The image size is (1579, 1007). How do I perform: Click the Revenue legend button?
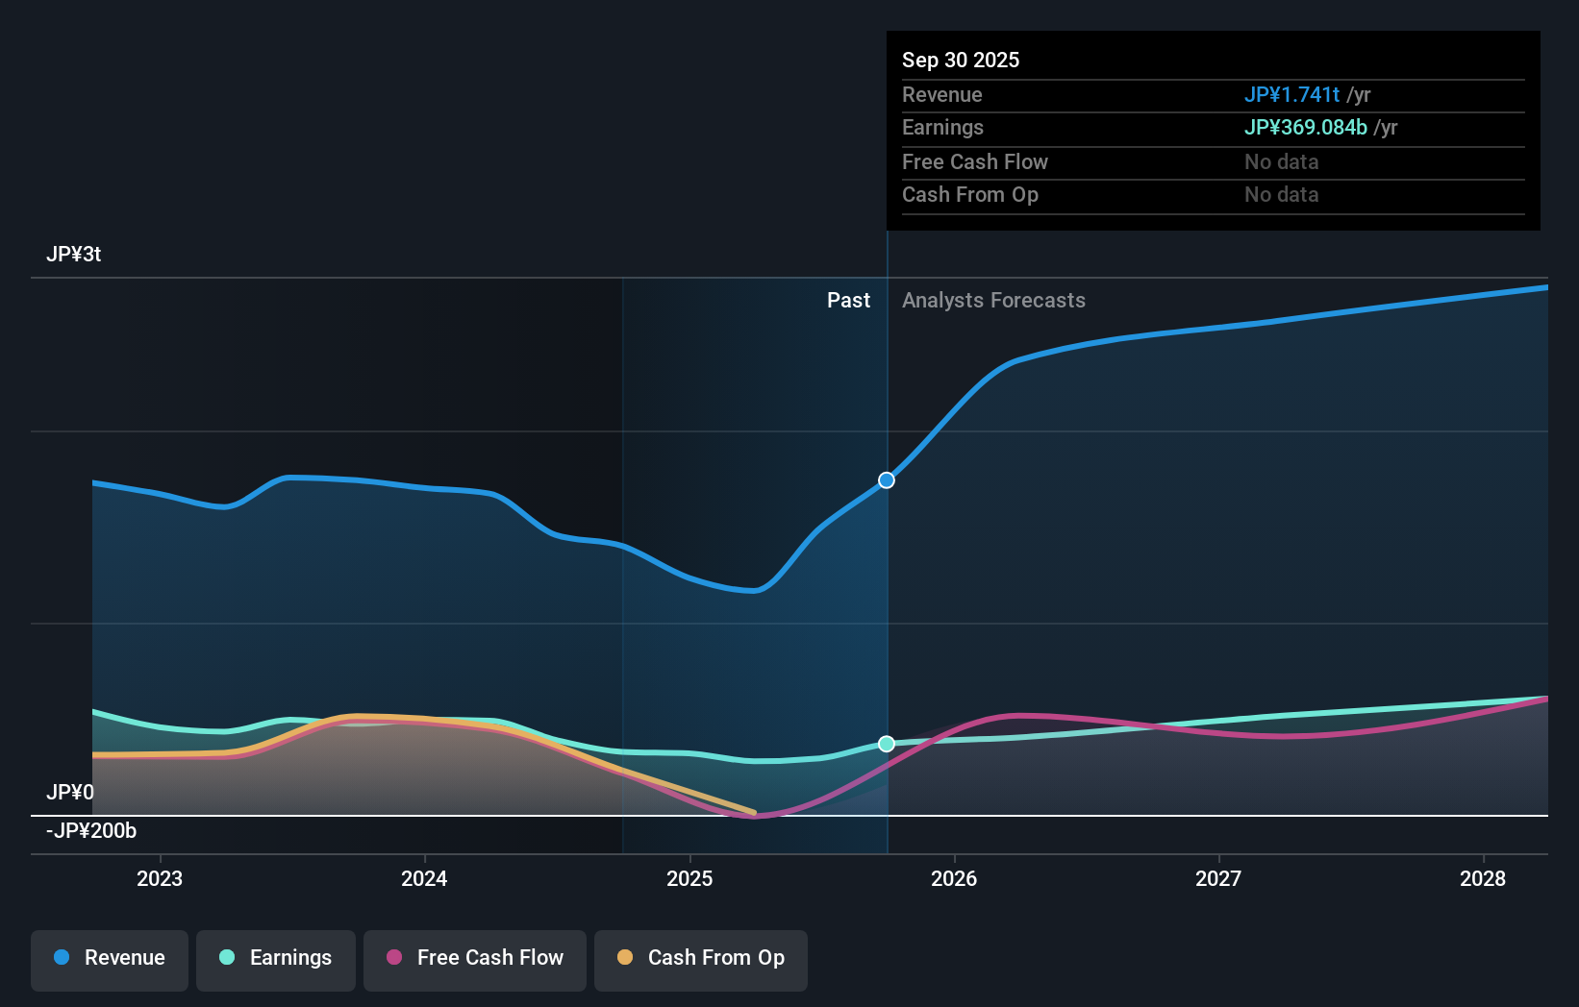coord(110,958)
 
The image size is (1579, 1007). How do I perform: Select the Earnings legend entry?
coord(276,958)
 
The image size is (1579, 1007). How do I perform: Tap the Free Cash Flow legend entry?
coord(475,958)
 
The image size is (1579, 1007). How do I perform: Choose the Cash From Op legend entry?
coord(701,958)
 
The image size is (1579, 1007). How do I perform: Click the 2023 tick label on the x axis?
coord(160,878)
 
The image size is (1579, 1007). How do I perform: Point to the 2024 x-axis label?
coord(424,878)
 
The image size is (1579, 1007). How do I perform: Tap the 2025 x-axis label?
coord(689,878)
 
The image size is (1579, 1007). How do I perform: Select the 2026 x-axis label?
coord(954,878)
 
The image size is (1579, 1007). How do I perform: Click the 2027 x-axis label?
coord(1218,878)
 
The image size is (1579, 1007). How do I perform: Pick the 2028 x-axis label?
coord(1483,878)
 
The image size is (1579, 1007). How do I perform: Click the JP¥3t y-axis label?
coord(74,255)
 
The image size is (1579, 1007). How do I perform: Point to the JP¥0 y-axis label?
coord(70,793)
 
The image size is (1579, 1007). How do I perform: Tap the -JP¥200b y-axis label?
coord(91,831)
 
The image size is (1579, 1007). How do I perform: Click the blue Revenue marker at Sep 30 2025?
coord(887,480)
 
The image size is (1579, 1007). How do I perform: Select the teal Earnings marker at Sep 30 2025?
coord(887,744)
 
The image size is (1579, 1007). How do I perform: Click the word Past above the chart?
coord(848,301)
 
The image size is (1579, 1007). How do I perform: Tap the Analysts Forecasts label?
coord(993,301)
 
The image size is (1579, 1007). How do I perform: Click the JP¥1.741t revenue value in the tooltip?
coord(1291,95)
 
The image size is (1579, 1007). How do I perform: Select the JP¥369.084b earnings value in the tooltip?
coord(1305,128)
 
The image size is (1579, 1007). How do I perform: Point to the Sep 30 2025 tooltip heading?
coord(961,61)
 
